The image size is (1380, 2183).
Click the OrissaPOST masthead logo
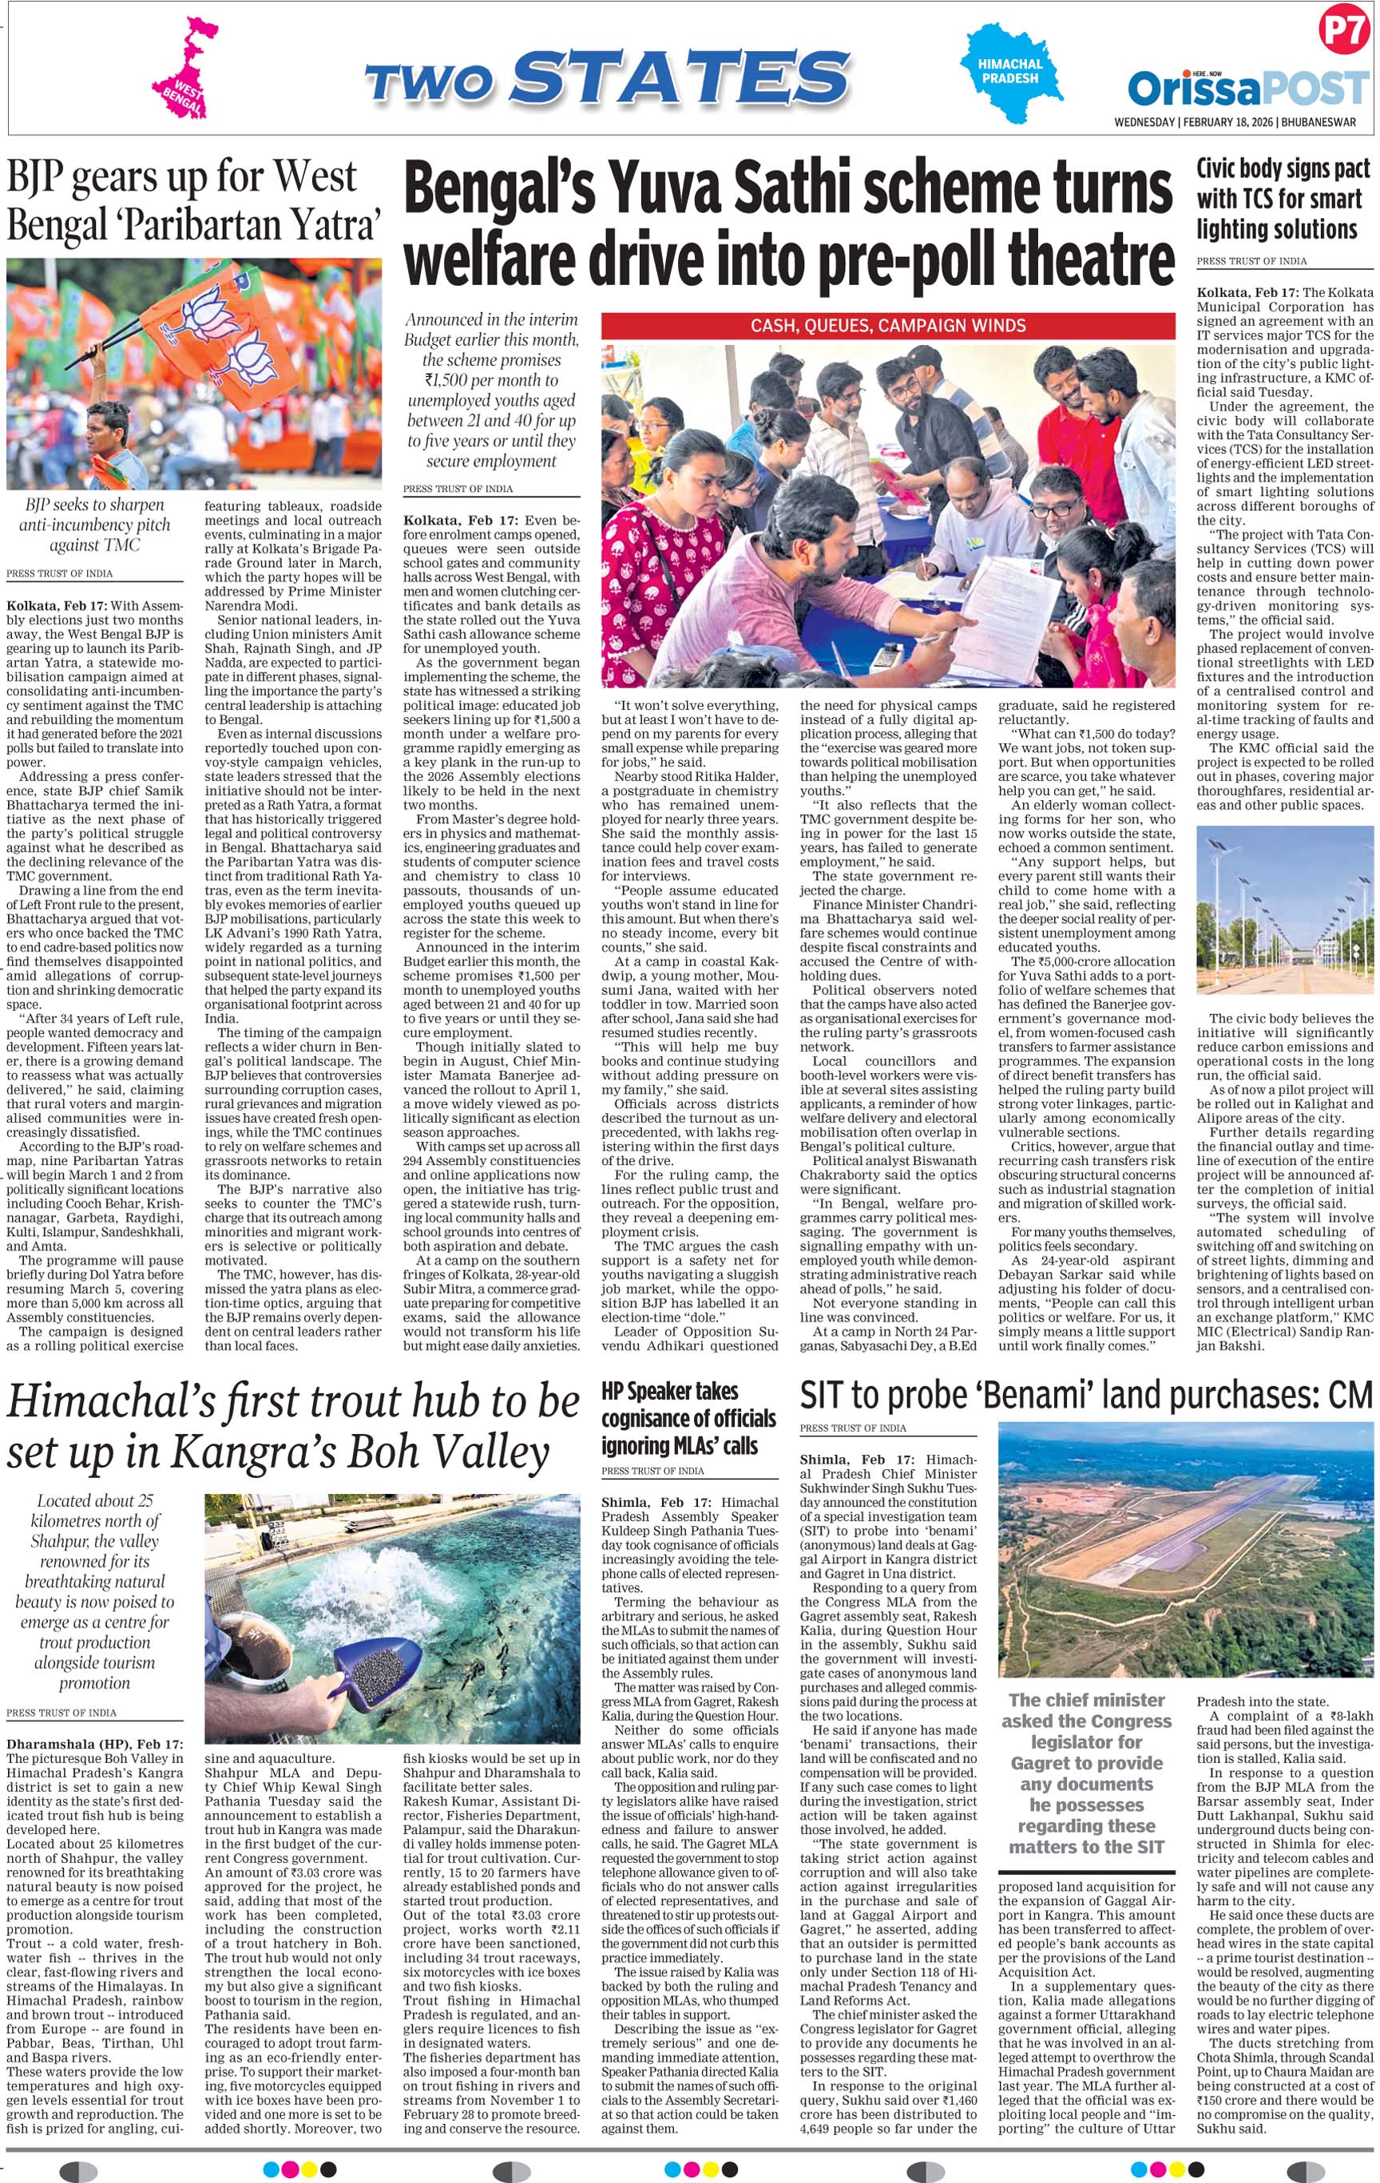point(1247,89)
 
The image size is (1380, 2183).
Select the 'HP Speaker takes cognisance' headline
point(688,1418)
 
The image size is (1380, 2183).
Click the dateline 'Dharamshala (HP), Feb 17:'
point(94,1743)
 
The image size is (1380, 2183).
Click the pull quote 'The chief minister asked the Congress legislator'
point(1086,1773)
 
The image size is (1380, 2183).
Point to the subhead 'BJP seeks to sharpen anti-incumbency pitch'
point(94,524)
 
